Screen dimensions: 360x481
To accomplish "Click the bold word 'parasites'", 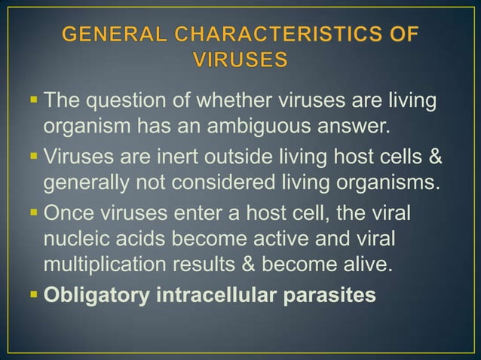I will click(335, 294).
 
